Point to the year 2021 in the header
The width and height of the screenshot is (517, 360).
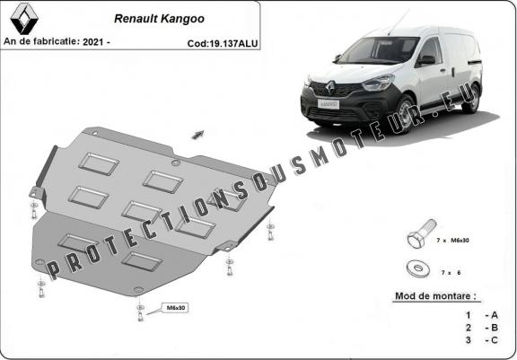coord(90,42)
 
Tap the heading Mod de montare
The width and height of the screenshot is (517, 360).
coord(436,295)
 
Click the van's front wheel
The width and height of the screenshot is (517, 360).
coord(402,114)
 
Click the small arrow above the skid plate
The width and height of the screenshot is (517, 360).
coord(195,133)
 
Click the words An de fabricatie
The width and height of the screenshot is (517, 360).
coord(39,42)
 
